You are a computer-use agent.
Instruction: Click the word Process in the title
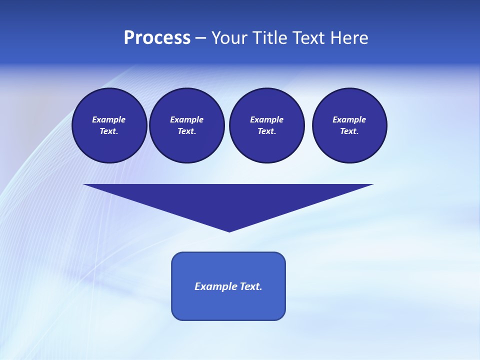(157, 38)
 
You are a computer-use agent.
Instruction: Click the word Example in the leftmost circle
(109, 119)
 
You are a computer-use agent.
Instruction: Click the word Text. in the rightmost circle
(349, 131)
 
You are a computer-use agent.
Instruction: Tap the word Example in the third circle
(266, 119)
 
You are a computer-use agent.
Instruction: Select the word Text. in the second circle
(186, 131)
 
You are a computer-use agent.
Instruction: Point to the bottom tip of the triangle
(229, 230)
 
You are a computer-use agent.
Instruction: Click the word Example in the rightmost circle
(349, 119)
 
